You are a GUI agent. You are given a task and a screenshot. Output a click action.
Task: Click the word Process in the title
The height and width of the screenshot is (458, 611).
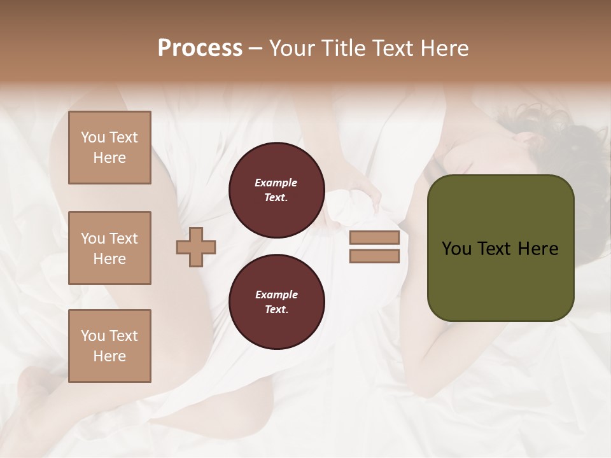coord(200,48)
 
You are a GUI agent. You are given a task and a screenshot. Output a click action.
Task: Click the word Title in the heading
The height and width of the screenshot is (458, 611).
coord(344,48)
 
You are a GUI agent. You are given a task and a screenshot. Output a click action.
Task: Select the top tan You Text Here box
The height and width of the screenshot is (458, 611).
coord(109,148)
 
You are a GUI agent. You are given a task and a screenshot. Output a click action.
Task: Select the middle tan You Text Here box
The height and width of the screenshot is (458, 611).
coord(109,248)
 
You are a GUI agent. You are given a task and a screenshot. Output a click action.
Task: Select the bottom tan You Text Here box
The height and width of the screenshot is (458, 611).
coord(109,346)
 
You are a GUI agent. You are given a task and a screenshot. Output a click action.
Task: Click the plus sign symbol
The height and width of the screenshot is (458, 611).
coord(196,247)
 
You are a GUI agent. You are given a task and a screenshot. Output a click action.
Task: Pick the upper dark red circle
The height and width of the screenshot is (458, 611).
coord(276,190)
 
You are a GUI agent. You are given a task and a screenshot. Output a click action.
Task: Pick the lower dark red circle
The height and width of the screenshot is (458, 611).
coord(276,302)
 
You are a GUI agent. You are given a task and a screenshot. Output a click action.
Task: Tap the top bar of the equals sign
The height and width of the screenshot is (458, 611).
coord(374,238)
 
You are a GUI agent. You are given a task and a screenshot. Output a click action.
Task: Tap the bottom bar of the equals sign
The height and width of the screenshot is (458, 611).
coord(374,256)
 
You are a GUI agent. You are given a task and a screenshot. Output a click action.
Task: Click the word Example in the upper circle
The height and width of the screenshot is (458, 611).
coord(276,183)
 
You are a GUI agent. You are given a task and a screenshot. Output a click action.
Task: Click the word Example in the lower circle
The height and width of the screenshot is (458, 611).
coord(276,295)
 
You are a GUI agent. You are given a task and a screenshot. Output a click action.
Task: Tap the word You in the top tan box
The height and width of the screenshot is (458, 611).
coord(93,137)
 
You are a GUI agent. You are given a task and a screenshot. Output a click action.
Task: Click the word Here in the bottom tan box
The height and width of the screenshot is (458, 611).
coord(109,356)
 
